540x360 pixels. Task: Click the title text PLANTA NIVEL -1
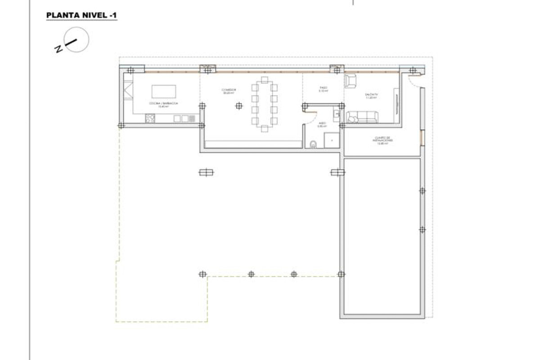[x=81, y=16]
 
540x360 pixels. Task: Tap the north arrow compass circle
[x=76, y=40]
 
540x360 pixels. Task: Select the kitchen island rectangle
[x=164, y=91]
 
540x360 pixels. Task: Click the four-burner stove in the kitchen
[x=150, y=119]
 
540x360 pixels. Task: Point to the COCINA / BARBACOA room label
[x=164, y=104]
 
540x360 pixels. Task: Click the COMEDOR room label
[x=229, y=91]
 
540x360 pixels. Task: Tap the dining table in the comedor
[x=264, y=103]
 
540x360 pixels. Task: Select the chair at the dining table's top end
[x=265, y=80]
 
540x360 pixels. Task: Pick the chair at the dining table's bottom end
[x=265, y=128]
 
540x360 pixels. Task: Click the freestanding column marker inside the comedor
[x=239, y=106]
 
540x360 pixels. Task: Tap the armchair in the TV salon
[x=351, y=81]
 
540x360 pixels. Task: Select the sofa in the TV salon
[x=363, y=117]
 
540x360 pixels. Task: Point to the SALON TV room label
[x=372, y=95]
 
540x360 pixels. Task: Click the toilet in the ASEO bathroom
[x=314, y=144]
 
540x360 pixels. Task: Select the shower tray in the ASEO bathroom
[x=332, y=140]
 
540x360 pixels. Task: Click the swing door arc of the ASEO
[x=310, y=116]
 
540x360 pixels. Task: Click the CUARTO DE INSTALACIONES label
[x=383, y=140]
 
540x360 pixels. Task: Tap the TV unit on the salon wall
[x=396, y=100]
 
